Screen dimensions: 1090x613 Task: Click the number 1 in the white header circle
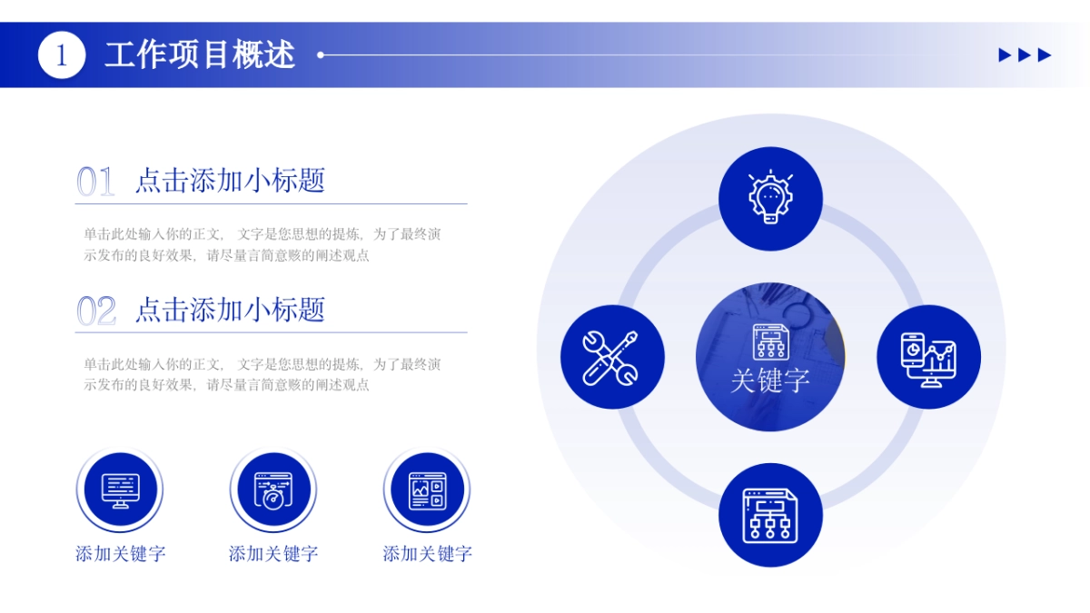[62, 55]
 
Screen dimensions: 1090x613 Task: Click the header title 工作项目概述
[200, 55]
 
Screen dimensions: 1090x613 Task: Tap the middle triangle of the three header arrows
[1025, 55]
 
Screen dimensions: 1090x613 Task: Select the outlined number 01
[95, 181]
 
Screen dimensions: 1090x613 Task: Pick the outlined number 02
[96, 311]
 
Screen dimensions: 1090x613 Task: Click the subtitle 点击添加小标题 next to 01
[230, 181]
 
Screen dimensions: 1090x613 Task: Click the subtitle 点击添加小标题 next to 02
[230, 310]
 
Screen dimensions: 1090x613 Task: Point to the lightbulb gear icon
[770, 197]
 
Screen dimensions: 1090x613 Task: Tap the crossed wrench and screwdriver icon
[610, 358]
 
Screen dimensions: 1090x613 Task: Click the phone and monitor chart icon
[928, 360]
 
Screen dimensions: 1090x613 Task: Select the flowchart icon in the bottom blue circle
[770, 516]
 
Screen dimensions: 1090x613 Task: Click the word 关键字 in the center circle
[770, 380]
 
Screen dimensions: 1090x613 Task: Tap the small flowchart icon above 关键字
[771, 341]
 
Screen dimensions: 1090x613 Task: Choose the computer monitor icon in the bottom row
[121, 490]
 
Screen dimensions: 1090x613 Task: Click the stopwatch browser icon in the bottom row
[273, 490]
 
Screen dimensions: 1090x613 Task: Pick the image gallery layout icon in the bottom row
[427, 491]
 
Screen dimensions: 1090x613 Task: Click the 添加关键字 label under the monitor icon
[121, 554]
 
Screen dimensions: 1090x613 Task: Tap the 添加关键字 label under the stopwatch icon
[273, 554]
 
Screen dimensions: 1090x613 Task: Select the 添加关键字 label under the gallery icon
[427, 554]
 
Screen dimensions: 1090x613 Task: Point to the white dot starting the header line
[320, 55]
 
